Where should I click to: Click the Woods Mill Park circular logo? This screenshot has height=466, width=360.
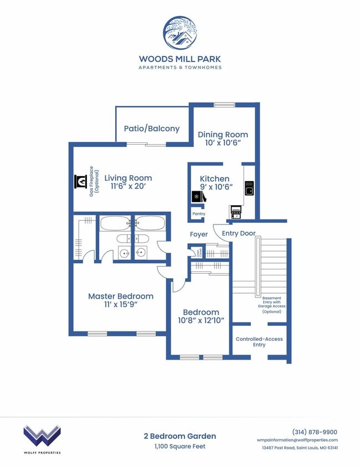[179, 32]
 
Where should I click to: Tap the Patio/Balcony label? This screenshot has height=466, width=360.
[151, 129]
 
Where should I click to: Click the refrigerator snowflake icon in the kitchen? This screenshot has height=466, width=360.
[196, 197]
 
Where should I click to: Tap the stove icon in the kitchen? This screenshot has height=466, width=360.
[236, 211]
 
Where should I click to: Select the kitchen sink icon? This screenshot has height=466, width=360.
[249, 188]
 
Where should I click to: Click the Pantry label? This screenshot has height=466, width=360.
[198, 214]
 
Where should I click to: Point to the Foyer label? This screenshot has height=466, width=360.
[199, 234]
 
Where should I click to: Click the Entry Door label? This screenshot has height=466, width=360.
[239, 233]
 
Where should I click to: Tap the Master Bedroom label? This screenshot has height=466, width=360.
[121, 296]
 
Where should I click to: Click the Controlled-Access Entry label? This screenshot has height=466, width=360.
[259, 342]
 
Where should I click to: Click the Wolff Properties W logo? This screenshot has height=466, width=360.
[42, 436]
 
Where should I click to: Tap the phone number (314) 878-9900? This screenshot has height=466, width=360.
[315, 432]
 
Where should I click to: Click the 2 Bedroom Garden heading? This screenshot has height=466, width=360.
[179, 436]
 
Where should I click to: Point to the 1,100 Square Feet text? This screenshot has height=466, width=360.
[179, 447]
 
